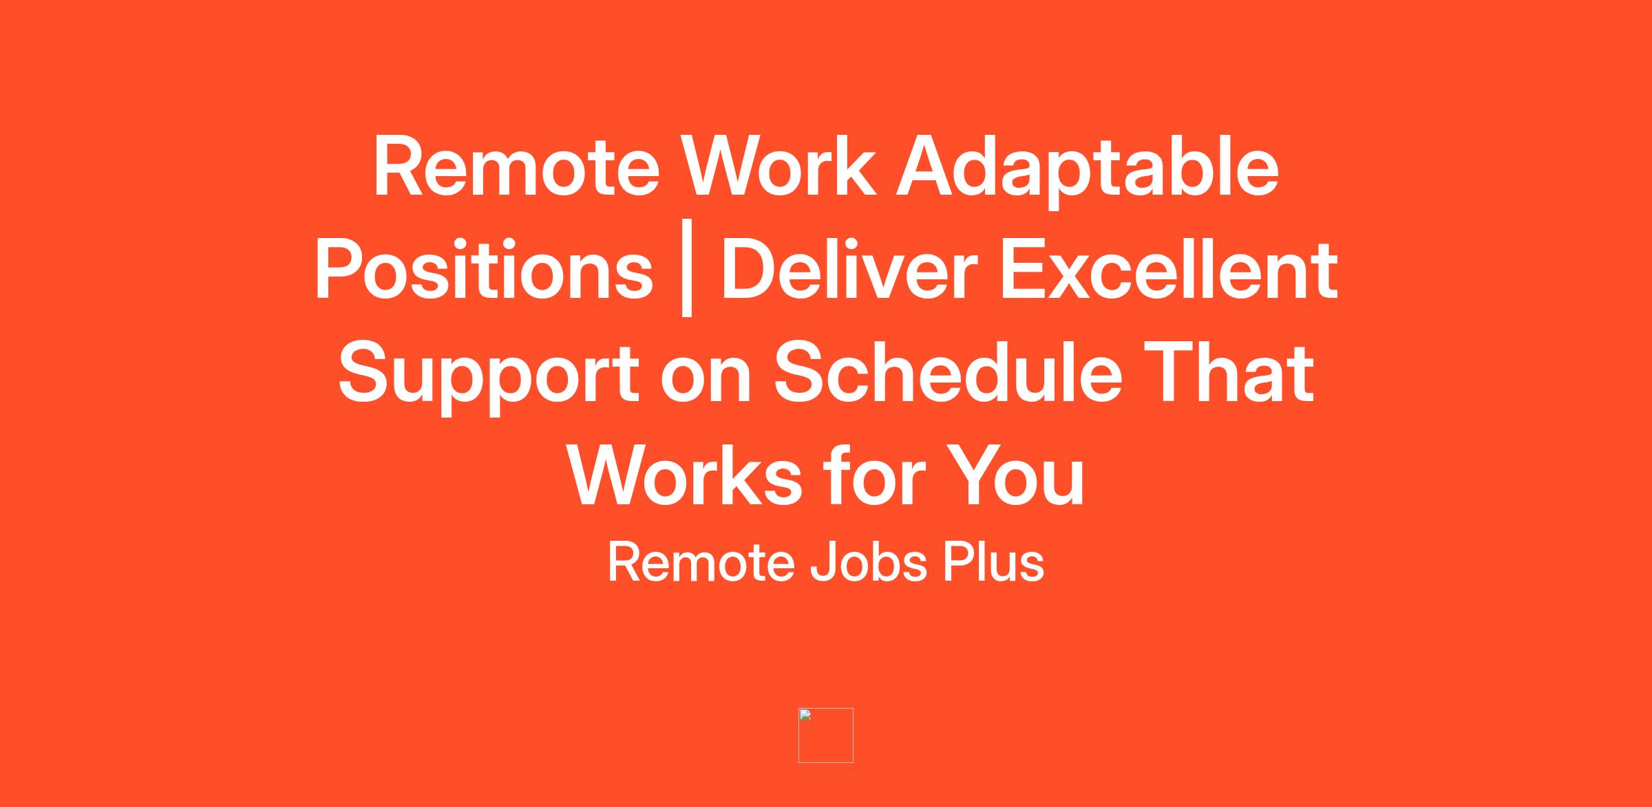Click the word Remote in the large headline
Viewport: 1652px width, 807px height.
tap(517, 167)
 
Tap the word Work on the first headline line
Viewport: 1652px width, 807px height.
tap(779, 167)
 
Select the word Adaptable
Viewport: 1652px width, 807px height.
tap(1088, 171)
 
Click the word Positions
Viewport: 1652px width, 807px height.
tap(484, 270)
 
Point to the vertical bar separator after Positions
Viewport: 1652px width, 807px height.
tap(686, 275)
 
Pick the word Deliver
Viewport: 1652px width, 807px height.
tap(849, 270)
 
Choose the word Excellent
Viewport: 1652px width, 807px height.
tap(1169, 270)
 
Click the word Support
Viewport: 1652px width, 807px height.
tap(489, 377)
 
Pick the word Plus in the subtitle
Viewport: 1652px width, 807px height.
tap(993, 562)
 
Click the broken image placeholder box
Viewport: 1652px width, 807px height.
tap(826, 735)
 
